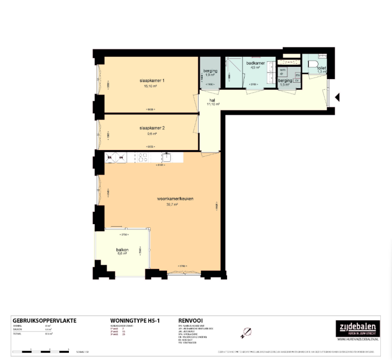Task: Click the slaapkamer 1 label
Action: pyautogui.click(x=152, y=81)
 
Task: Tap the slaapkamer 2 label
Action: pyautogui.click(x=152, y=128)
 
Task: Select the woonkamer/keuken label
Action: pyautogui.click(x=175, y=199)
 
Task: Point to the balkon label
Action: pyautogui.click(x=122, y=250)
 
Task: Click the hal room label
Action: pyautogui.click(x=212, y=101)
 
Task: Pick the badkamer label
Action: pyautogui.click(x=253, y=63)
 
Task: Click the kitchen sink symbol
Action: pyautogui.click(x=166, y=157)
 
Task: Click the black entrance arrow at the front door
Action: pyautogui.click(x=337, y=97)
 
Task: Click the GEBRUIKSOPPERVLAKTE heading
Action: pyautogui.click(x=44, y=321)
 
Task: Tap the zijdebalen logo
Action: pyautogui.click(x=357, y=327)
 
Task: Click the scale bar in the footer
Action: pyautogui.click(x=41, y=351)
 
